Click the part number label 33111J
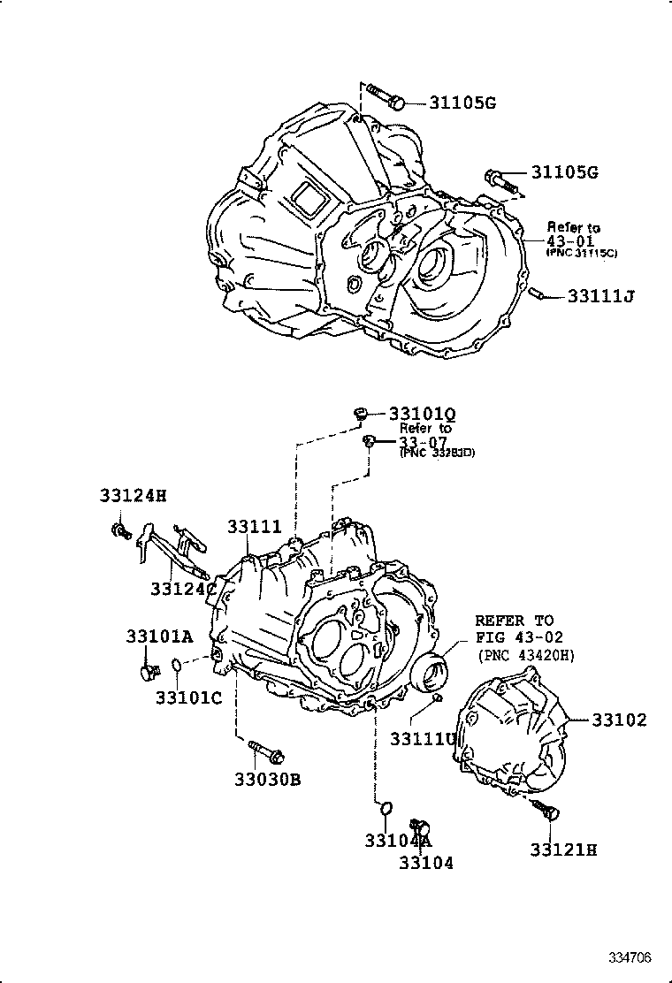click(601, 295)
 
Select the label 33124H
click(132, 496)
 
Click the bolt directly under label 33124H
click(119, 530)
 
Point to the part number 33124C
click(183, 588)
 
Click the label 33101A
click(158, 636)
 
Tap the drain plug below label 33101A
click(147, 671)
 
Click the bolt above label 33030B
click(266, 753)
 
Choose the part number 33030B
click(268, 780)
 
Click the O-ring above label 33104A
click(386, 808)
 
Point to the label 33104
click(425, 863)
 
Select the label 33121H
click(564, 850)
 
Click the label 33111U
click(424, 738)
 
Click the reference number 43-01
click(569, 240)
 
